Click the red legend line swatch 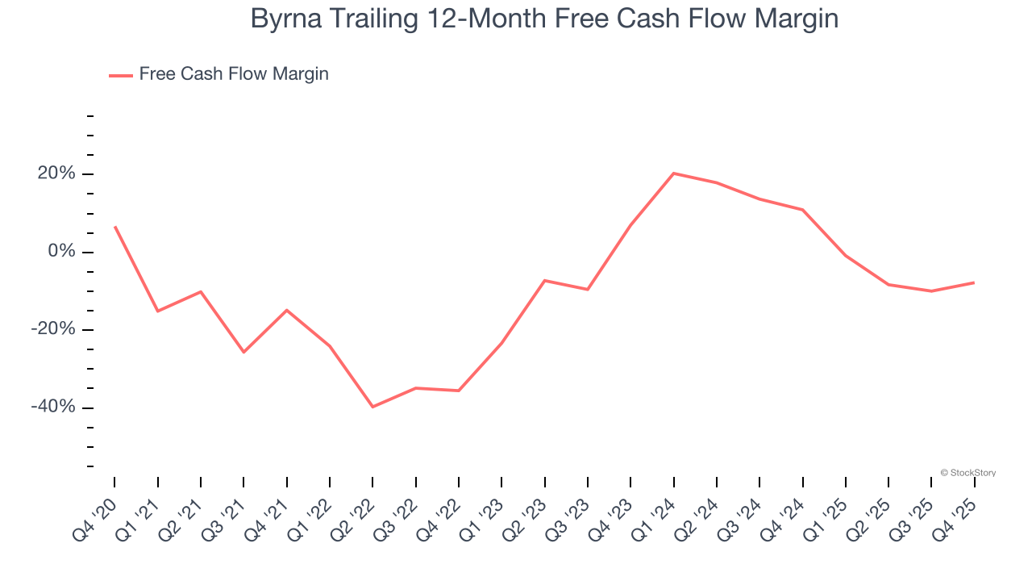(x=121, y=75)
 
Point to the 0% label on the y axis (x=61, y=252)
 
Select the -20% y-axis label (x=53, y=329)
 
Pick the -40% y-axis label (x=53, y=407)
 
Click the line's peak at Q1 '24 (x=673, y=173)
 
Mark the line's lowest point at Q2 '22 (x=372, y=407)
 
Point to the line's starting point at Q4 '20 (x=114, y=227)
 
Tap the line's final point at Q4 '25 (x=974, y=282)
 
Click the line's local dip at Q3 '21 (x=243, y=352)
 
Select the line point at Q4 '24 (x=803, y=210)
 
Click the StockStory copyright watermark (x=967, y=473)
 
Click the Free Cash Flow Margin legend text (x=234, y=74)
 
